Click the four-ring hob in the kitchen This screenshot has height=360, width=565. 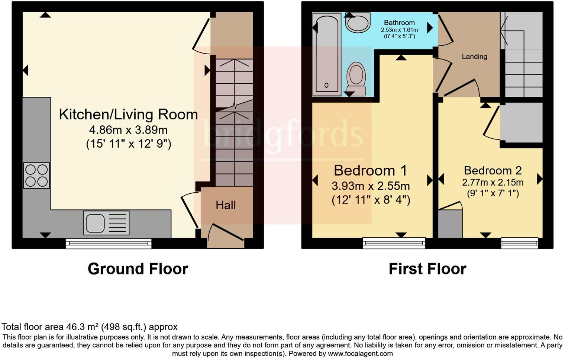coord(36,176)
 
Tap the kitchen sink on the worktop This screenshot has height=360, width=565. coord(106,223)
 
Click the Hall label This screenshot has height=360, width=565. coord(226,205)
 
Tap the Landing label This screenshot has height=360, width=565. coord(474,57)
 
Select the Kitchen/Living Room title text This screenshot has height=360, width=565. coord(128,115)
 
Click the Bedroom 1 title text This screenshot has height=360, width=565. coord(370,170)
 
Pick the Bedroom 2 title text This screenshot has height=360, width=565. coord(493,170)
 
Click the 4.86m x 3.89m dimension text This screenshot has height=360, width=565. coord(128,130)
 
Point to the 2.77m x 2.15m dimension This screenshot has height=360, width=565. coord(493,183)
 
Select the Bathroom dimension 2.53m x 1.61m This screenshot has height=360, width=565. coord(399,30)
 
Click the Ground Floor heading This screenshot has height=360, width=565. coord(138,269)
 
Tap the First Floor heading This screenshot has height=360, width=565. coord(427,269)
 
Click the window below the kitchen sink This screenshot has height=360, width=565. coord(109,244)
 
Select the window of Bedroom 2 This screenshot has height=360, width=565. coord(519,243)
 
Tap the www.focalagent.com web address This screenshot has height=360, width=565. coord(360,354)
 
